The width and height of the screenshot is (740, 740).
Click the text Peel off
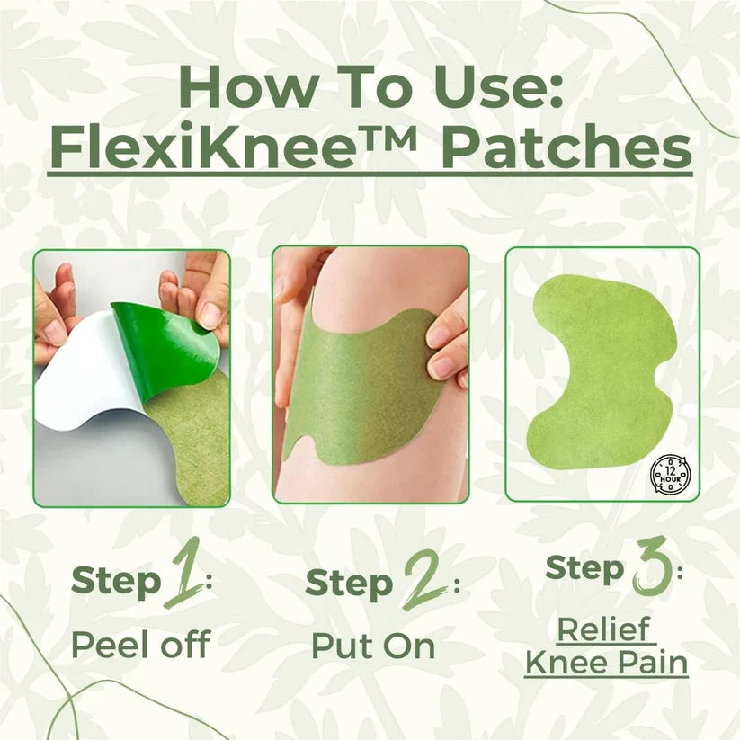pyautogui.click(x=140, y=645)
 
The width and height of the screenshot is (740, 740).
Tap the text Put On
pyautogui.click(x=373, y=646)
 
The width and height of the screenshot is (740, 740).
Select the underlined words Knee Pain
pyautogui.click(x=606, y=664)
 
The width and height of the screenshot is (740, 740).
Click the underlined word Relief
pyautogui.click(x=606, y=629)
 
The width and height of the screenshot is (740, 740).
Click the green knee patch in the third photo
pyautogui.click(x=601, y=370)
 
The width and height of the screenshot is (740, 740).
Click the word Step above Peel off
pyautogui.click(x=115, y=581)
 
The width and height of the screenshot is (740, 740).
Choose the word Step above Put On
pyautogui.click(x=349, y=583)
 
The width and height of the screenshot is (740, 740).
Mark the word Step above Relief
pyautogui.click(x=585, y=567)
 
